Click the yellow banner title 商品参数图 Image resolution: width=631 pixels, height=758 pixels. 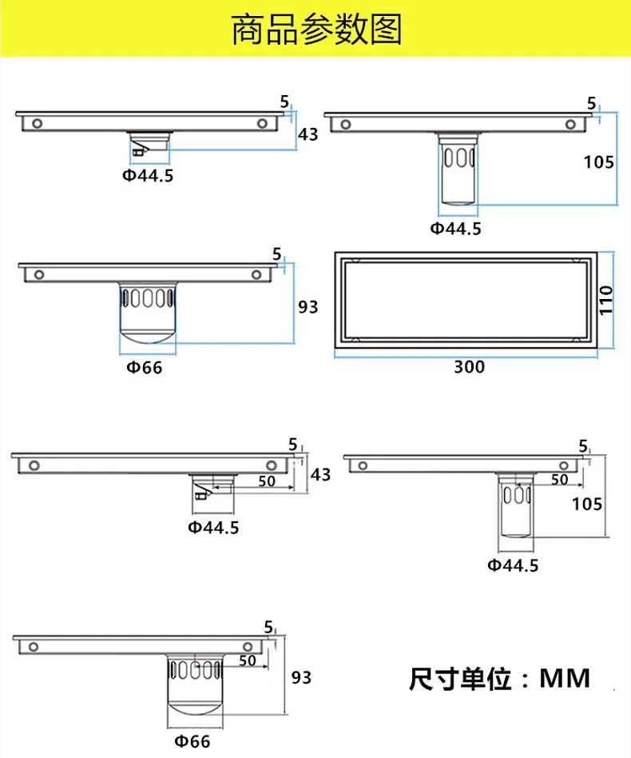click(317, 30)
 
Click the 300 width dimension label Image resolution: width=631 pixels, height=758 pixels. click(470, 367)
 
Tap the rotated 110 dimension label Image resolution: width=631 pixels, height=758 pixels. click(606, 300)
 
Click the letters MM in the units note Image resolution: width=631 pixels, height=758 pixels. click(565, 678)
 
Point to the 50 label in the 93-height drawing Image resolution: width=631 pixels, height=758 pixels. click(248, 660)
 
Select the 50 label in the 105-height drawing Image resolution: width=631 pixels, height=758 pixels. click(560, 480)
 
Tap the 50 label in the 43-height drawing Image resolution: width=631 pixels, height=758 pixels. click(267, 481)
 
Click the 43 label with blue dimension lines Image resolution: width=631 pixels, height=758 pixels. click(308, 134)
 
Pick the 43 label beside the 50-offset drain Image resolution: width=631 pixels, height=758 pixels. click(320, 475)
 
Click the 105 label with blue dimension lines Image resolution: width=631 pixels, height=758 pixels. click(599, 162)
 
